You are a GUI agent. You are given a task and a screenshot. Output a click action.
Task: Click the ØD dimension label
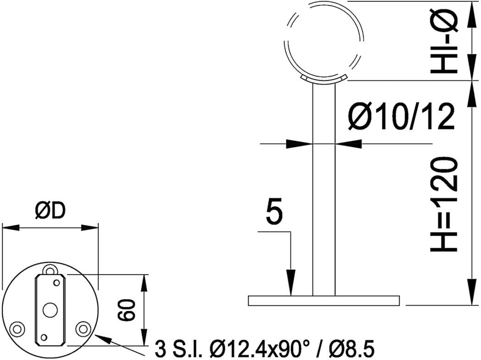click(50, 211)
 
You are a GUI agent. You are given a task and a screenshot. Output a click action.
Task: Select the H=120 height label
click(444, 205)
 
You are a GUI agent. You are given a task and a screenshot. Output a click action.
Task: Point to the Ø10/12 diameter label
click(402, 117)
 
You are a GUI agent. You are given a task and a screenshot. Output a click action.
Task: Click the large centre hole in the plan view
click(50, 309)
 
